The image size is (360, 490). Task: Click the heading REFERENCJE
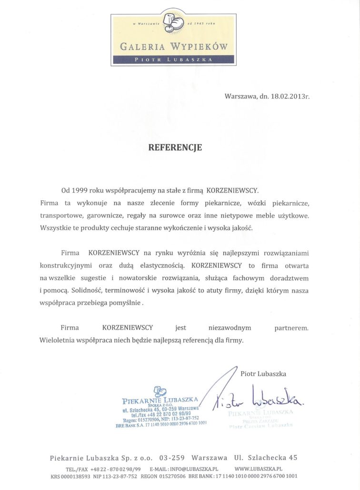(175, 147)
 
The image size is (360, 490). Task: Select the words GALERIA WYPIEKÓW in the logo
(174, 46)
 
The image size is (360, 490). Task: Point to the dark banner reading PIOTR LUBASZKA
(174, 60)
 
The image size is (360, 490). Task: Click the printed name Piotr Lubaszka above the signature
(264, 374)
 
